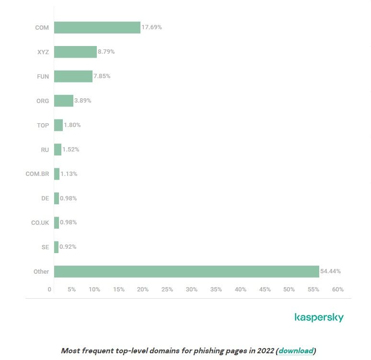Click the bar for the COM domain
pyautogui.click(x=97, y=27)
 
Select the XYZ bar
pyautogui.click(x=75, y=52)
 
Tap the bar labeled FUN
pyautogui.click(x=73, y=76)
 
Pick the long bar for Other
pyautogui.click(x=186, y=271)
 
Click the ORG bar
pyautogui.click(x=63, y=101)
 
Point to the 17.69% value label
pyautogui.click(x=151, y=27)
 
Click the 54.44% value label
pyautogui.click(x=331, y=271)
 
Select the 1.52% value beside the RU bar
pyautogui.click(x=71, y=150)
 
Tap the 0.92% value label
pyautogui.click(x=68, y=247)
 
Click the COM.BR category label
pyautogui.click(x=37, y=174)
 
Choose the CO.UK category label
pyautogui.click(x=40, y=222)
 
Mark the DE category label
pyautogui.click(x=45, y=198)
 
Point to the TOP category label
pyautogui.click(x=43, y=125)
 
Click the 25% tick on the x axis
pyautogui.click(x=167, y=290)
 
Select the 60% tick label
pyautogui.click(x=337, y=290)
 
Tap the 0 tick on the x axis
pyautogui.click(x=49, y=290)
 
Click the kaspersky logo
pyautogui.click(x=319, y=317)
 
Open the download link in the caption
pyautogui.click(x=296, y=351)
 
